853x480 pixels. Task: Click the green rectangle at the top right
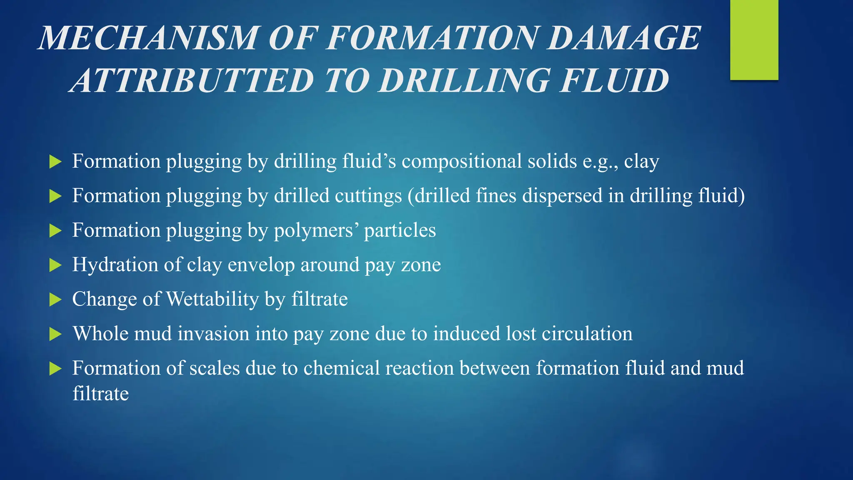(x=754, y=40)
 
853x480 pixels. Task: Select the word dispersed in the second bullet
(x=562, y=196)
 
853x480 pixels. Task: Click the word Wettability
(x=212, y=300)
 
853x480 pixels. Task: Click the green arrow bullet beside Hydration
(x=55, y=265)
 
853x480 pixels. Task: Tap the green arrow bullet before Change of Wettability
(x=55, y=300)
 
